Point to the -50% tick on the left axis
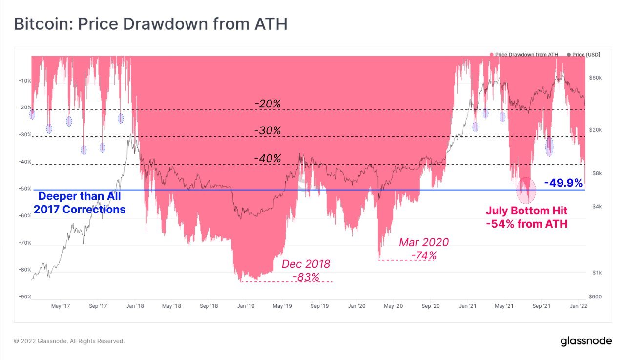[24, 189]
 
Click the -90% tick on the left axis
[24, 296]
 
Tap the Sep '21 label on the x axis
[542, 306]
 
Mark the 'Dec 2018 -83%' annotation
[306, 270]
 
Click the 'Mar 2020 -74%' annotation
[423, 249]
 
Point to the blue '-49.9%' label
[563, 183]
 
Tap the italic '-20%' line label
[268, 104]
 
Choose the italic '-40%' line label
[268, 158]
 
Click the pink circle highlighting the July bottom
[526, 191]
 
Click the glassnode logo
[585, 340]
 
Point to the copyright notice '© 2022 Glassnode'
[69, 341]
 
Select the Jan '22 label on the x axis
[579, 306]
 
